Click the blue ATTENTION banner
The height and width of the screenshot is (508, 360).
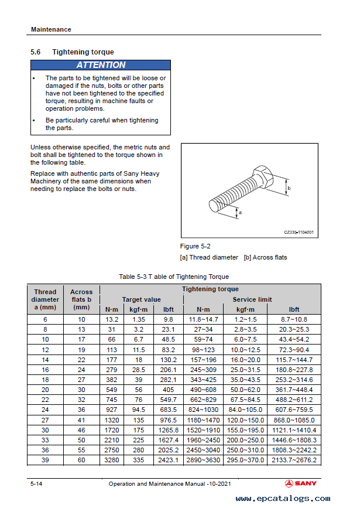[101, 65]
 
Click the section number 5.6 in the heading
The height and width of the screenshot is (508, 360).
[35, 52]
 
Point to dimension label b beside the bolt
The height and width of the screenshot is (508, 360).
[289, 188]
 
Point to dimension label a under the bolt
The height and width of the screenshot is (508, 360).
[240, 213]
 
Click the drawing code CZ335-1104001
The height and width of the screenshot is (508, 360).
[299, 232]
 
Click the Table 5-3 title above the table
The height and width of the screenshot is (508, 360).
[174, 277]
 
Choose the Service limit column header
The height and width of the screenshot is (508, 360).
[252, 299]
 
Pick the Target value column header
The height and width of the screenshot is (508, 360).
[141, 299]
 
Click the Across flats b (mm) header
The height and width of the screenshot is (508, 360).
[81, 299]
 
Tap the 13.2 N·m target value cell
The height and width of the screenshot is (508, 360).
[112, 319]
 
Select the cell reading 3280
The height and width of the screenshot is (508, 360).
[112, 460]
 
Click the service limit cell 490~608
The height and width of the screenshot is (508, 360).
[203, 390]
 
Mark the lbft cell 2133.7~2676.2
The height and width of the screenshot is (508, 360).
[294, 460]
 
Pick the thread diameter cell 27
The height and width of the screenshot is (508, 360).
[45, 420]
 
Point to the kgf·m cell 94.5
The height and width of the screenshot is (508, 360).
[139, 410]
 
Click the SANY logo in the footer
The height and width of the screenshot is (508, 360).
[303, 483]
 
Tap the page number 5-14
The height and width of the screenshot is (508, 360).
[36, 483]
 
